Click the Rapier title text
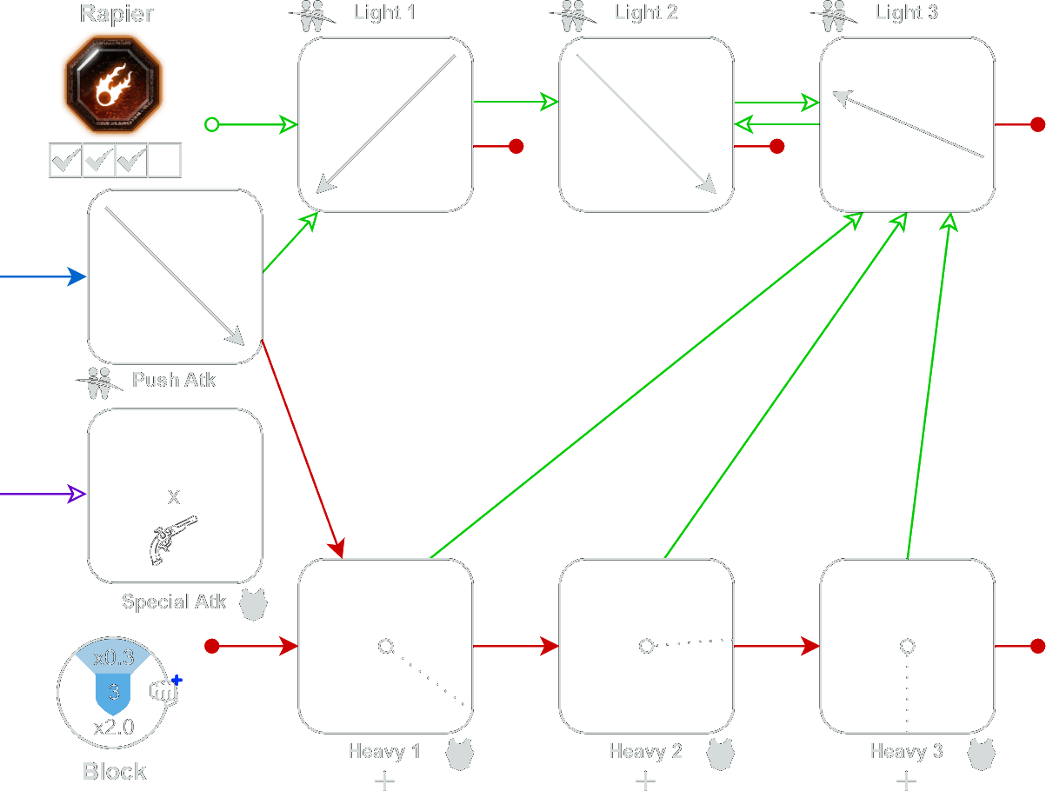point(117,14)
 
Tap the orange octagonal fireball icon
point(111,87)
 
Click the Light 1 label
point(384,13)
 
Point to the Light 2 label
point(645,13)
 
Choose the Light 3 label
point(906,13)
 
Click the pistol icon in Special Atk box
point(173,539)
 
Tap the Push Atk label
point(174,380)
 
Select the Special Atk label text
point(174,602)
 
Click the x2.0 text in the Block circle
point(114,728)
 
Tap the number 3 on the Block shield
point(114,693)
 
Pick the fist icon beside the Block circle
point(164,691)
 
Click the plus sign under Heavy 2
point(645,781)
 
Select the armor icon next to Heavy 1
point(460,754)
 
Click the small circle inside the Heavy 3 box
point(907,646)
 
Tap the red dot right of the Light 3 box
point(1036,124)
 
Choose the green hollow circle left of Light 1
point(211,125)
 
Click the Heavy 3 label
point(906,751)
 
